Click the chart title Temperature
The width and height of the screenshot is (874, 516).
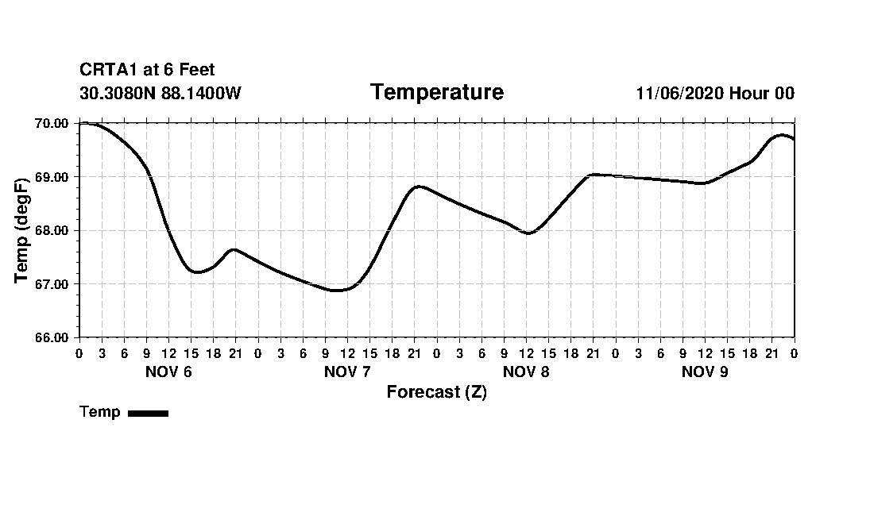[436, 93]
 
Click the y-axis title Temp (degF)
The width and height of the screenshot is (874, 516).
[22, 230]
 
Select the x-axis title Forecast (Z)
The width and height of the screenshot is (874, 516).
[436, 392]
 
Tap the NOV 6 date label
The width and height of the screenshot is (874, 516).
[168, 372]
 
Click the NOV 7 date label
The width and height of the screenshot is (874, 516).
[347, 372]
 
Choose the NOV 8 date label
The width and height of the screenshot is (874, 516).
[526, 372]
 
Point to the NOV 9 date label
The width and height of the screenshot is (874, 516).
[705, 372]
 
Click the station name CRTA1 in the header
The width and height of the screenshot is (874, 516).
[107, 71]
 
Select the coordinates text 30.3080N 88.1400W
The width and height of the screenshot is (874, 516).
[160, 94]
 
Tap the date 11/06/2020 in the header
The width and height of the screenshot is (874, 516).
[680, 94]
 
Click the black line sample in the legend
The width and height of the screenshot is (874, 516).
[148, 413]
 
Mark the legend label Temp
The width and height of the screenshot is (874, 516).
[100, 412]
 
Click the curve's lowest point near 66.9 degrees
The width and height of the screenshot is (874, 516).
[336, 291]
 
